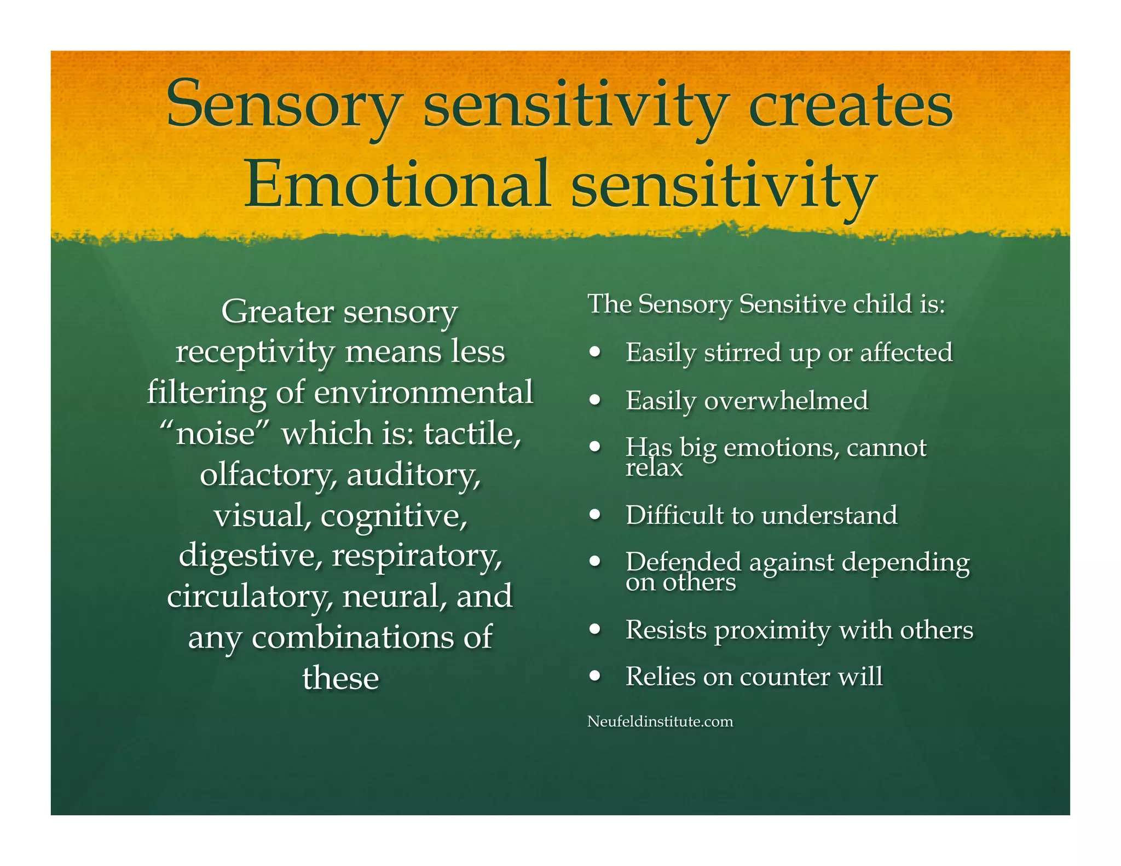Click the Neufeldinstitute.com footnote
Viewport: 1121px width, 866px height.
click(x=660, y=721)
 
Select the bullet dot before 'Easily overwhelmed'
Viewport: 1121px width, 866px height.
click(x=595, y=400)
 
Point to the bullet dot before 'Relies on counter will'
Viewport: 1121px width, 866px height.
click(x=595, y=676)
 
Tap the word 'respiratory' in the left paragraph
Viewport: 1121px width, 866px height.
click(x=417, y=556)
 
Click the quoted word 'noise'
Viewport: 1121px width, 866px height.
click(x=216, y=434)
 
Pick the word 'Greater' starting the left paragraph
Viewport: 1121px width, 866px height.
click(x=278, y=312)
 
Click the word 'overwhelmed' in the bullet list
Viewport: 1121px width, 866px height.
click(x=786, y=401)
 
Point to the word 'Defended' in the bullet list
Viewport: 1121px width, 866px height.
click(x=684, y=562)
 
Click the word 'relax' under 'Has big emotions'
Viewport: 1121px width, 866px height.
click(x=654, y=468)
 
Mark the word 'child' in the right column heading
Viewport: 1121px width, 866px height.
click(x=882, y=304)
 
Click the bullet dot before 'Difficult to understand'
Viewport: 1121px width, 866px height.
click(x=595, y=515)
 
